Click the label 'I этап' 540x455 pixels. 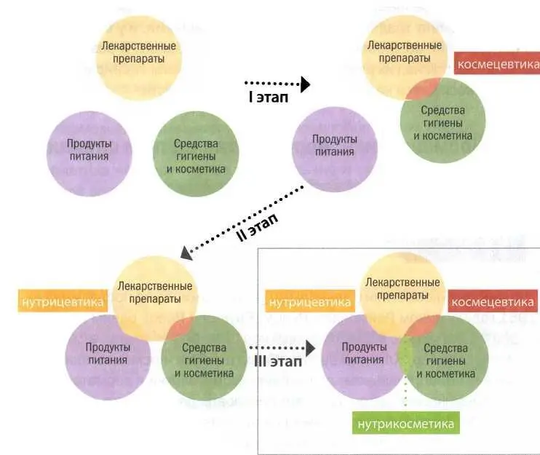point(269,97)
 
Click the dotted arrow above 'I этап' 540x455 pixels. point(277,84)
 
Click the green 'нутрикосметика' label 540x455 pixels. point(406,423)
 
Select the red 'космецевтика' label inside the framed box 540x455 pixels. point(492,301)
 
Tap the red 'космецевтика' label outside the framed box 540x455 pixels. point(496,62)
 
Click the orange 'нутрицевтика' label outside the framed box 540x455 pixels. point(61,300)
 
